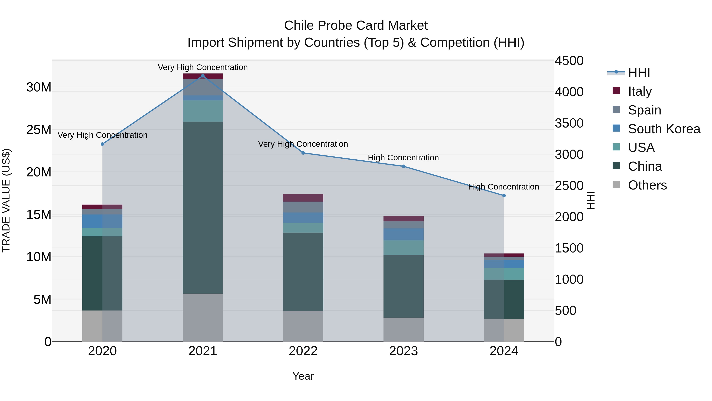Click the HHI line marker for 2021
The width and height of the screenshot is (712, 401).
(x=203, y=76)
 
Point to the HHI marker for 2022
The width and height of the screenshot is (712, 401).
(x=303, y=153)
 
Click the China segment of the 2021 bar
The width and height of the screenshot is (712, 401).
(x=203, y=208)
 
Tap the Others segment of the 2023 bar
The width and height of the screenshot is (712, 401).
(x=403, y=329)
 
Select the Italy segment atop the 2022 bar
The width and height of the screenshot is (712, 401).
(x=303, y=198)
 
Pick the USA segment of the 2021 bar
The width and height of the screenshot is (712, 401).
(x=203, y=111)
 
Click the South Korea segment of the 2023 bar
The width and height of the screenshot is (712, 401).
(x=403, y=234)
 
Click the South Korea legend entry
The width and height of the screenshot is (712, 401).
(x=663, y=129)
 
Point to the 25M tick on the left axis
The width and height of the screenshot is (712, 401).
(x=39, y=130)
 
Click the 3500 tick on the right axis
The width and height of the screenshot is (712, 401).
(x=569, y=123)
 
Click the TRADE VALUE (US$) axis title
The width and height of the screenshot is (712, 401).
(x=6, y=201)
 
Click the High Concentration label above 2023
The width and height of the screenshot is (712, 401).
(x=403, y=158)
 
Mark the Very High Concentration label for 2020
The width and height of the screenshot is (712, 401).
(x=102, y=135)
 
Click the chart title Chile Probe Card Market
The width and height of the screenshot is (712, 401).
(x=356, y=26)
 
